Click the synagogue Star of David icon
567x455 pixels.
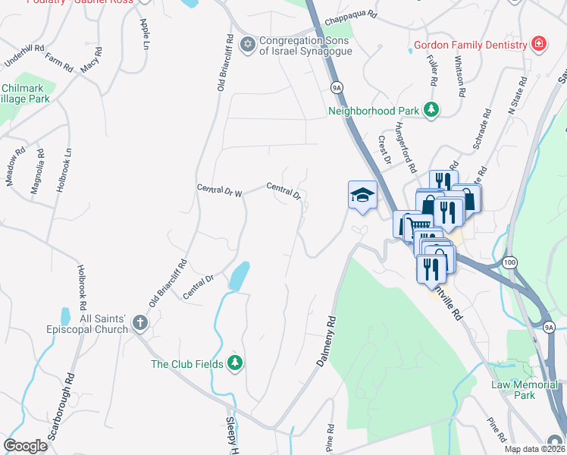[247, 45]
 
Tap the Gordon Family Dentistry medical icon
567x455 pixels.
[538, 45]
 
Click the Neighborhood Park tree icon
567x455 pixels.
[431, 110]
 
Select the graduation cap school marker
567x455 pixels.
[362, 195]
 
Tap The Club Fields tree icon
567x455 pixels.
[235, 364]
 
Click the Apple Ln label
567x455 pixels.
[144, 33]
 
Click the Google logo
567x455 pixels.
[25, 445]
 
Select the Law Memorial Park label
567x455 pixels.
[524, 390]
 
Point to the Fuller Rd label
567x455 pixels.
[433, 71]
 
